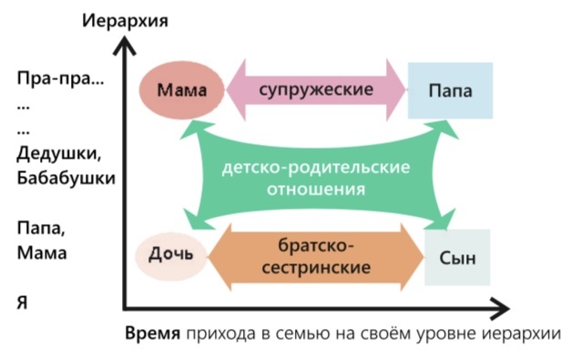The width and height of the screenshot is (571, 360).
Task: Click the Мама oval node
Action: (180, 91)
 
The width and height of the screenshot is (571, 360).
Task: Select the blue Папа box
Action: (450, 91)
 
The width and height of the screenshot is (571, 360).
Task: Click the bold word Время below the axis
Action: (153, 332)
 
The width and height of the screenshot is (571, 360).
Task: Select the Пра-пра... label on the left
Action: (60, 79)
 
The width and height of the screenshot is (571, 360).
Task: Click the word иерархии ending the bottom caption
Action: (527, 332)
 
